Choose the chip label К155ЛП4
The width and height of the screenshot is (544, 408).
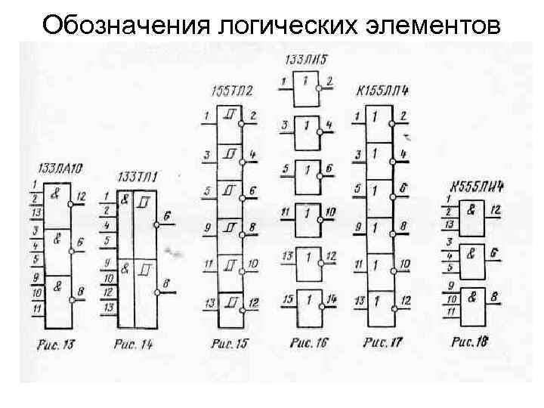point(382,93)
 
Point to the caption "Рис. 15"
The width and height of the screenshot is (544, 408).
point(230,345)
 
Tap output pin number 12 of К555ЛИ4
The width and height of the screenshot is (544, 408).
point(496,209)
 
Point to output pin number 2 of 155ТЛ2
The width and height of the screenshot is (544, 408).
point(252,116)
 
